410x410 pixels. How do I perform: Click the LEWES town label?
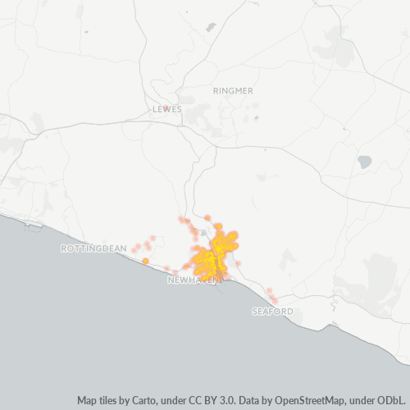[x=166, y=109]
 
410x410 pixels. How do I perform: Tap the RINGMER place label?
[x=233, y=90]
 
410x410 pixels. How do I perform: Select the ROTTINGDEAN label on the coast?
[x=93, y=248]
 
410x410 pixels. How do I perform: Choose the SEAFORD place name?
[x=272, y=312]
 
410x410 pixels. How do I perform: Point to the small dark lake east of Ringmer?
[x=364, y=162]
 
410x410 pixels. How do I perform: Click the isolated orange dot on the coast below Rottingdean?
[x=145, y=261]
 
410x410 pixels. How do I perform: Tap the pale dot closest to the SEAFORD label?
[x=274, y=301]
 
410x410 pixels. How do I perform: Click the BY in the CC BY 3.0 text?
[x=211, y=401]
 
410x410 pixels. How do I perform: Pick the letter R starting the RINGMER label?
[x=215, y=90]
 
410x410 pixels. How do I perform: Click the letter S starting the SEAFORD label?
[x=254, y=312]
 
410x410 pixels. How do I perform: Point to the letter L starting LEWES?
[x=154, y=109]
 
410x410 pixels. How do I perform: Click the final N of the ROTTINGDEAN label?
[x=124, y=248]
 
